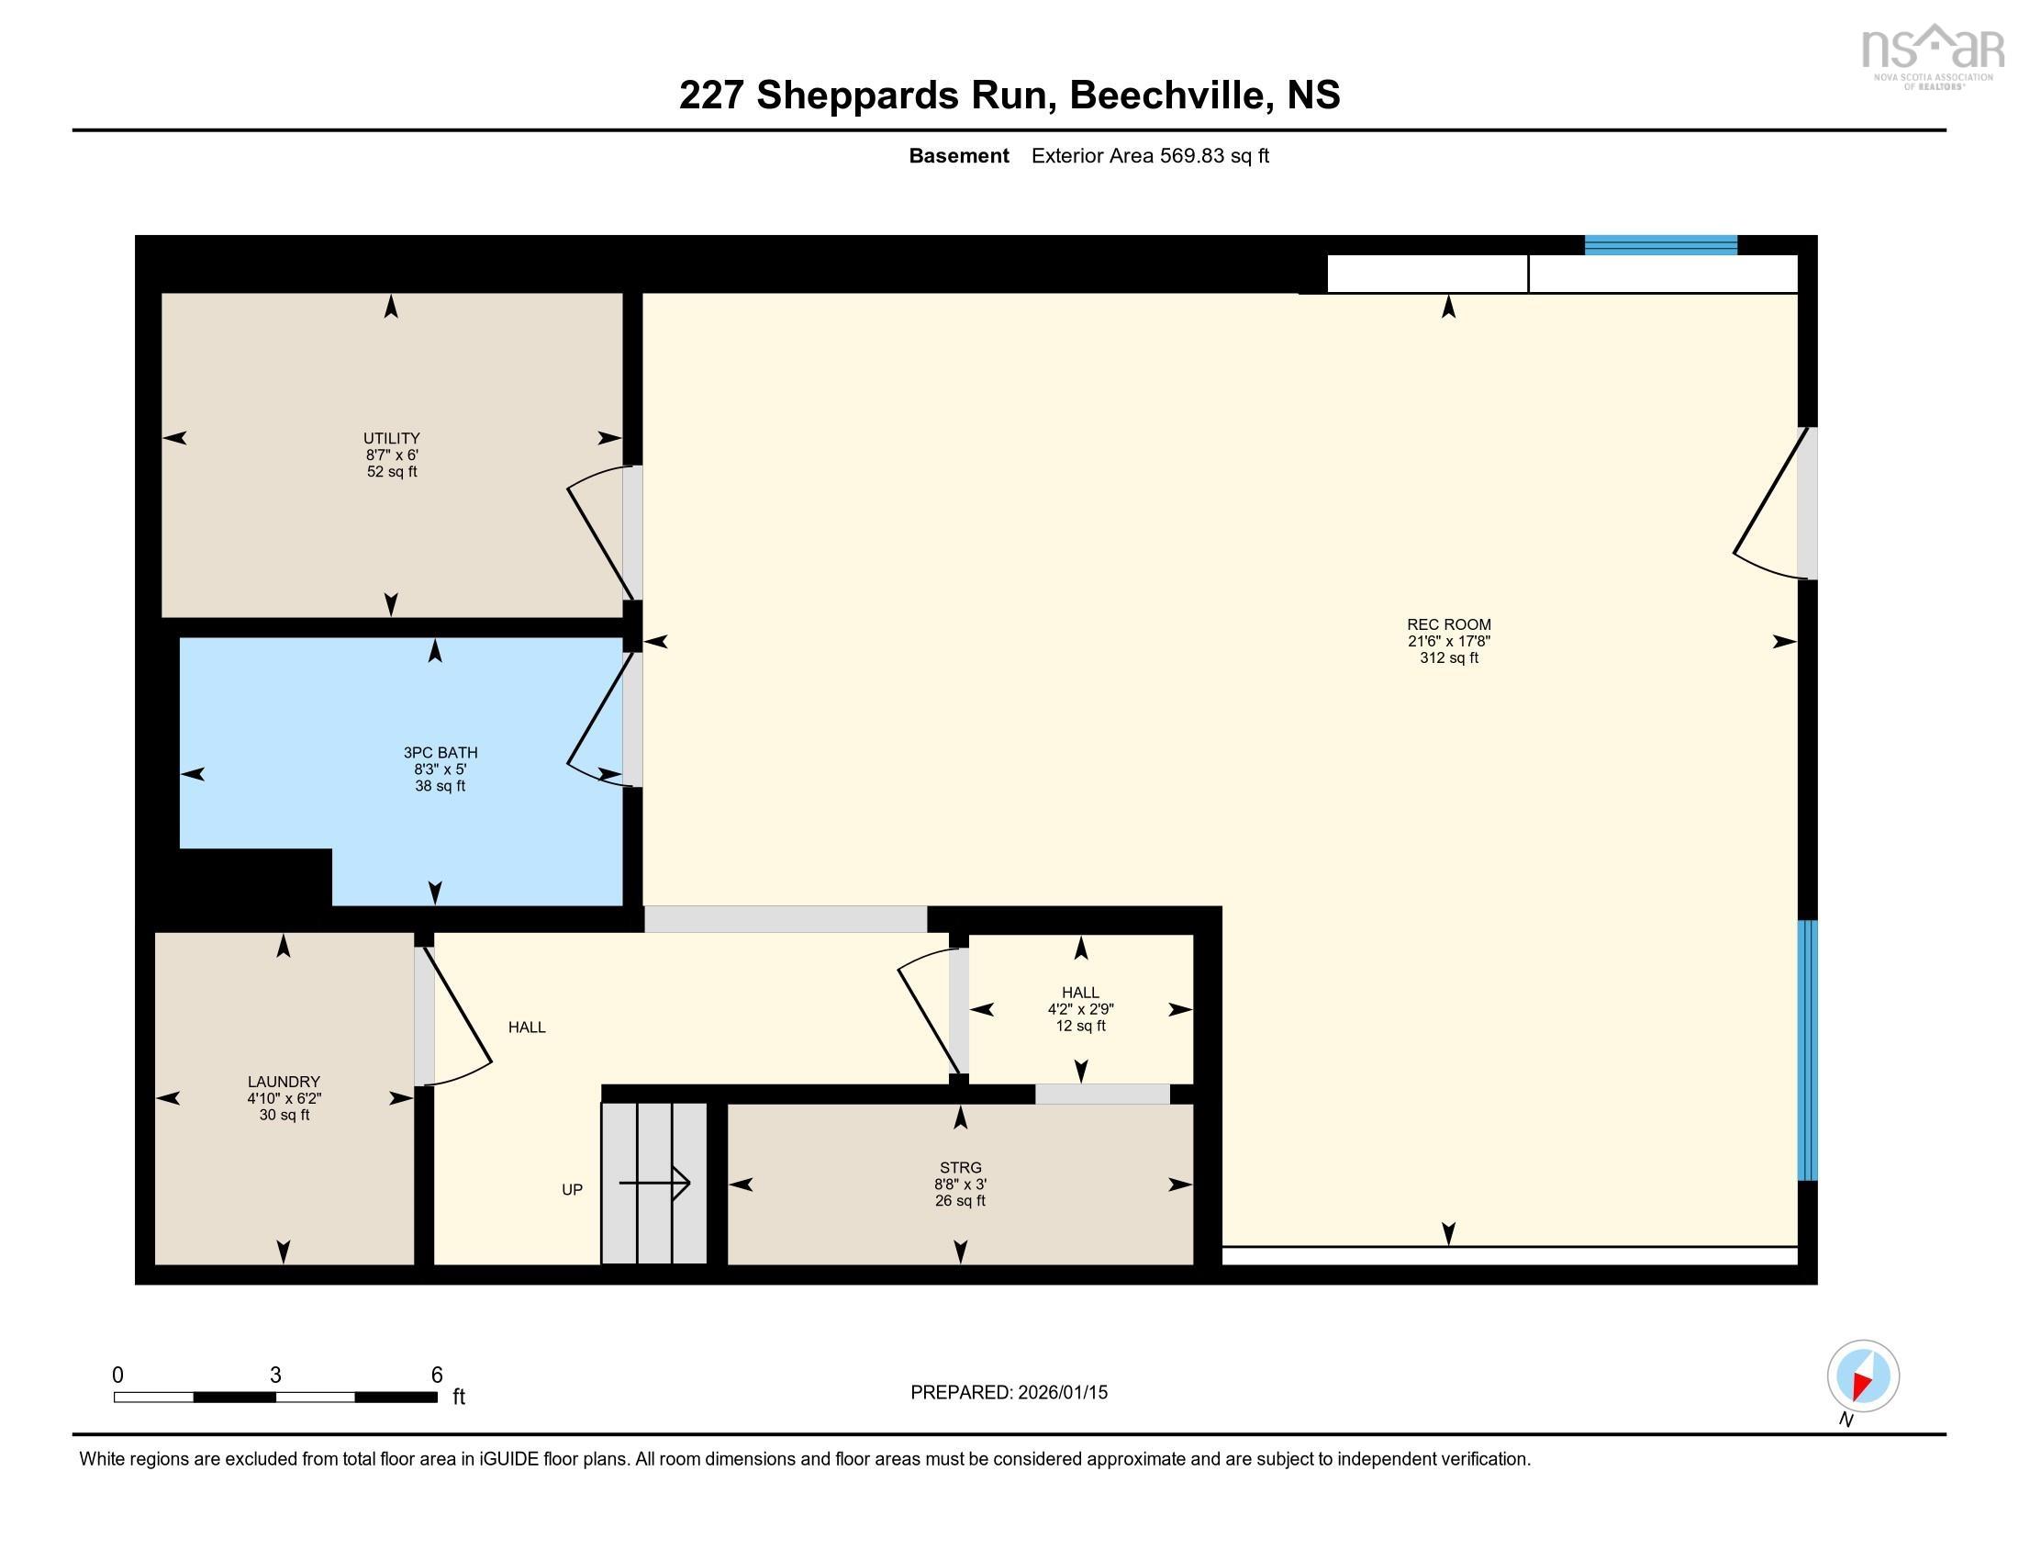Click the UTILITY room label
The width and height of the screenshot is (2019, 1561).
tap(391, 438)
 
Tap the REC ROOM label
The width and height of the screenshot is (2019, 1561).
tap(1448, 624)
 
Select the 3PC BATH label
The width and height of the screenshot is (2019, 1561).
tap(440, 753)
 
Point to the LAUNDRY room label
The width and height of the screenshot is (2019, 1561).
tap(284, 1082)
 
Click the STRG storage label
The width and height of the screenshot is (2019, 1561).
tap(960, 1168)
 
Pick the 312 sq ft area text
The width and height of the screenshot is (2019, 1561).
tap(1448, 658)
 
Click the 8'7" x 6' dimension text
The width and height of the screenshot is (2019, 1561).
tap(391, 455)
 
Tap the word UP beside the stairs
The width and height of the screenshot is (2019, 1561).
tap(573, 1190)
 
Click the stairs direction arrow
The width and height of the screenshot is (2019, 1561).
tap(654, 1183)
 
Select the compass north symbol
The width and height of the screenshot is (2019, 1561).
tap(1863, 1376)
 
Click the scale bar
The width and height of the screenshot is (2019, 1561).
tap(275, 1398)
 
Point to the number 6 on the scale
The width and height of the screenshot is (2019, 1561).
tap(436, 1376)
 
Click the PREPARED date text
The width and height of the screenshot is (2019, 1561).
tap(1009, 1393)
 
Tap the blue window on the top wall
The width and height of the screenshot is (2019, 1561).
tap(1660, 245)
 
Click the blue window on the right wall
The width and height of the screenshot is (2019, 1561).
tap(1807, 1050)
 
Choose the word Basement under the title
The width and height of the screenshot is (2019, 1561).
tap(959, 156)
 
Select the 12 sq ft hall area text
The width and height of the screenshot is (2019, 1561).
tap(1081, 1027)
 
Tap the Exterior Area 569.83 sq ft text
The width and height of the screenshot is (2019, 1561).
tap(1150, 156)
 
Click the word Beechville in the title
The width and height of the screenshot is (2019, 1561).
tap(1166, 95)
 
